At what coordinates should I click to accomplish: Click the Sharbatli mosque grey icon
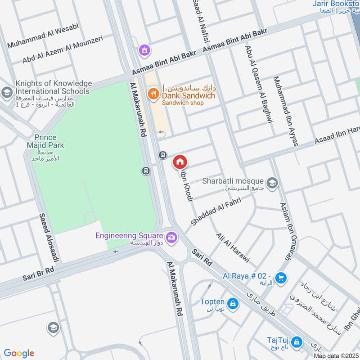pyautogui.click(x=271, y=183)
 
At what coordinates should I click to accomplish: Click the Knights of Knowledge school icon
pyautogui.click(x=6, y=93)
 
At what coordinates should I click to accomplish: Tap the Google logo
pyautogui.click(x=19, y=353)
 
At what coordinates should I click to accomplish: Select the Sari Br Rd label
pyautogui.click(x=38, y=273)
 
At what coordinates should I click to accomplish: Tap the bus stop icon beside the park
pyautogui.click(x=145, y=171)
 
